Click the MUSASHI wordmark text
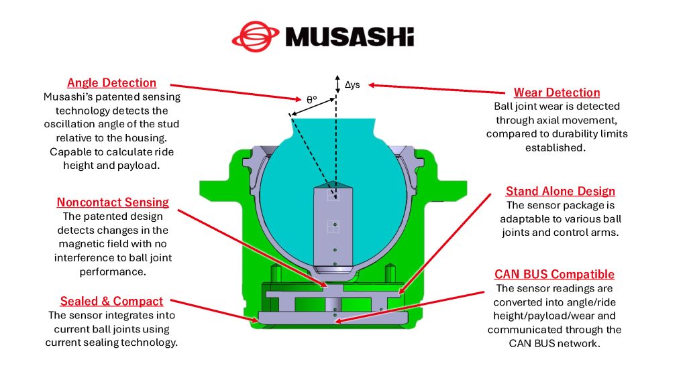point(349,36)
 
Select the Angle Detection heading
point(111,83)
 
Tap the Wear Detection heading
point(557,92)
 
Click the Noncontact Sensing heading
point(113,202)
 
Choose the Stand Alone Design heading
point(560,192)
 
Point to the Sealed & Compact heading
point(111,301)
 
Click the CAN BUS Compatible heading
point(554,274)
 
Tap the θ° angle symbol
point(311,99)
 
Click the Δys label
point(352,85)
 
